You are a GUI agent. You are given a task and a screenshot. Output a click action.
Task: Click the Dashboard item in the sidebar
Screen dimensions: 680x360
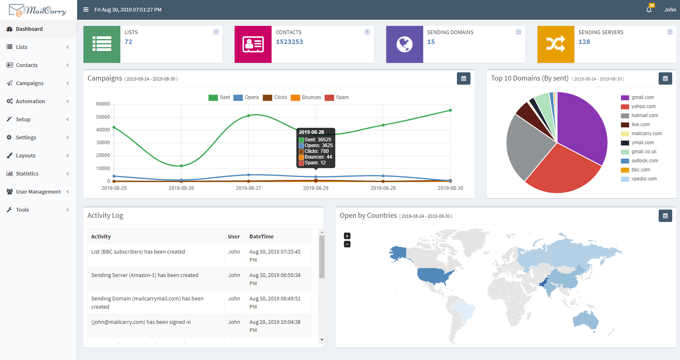click(x=29, y=29)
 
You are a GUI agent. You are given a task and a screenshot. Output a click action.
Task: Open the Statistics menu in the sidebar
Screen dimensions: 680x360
click(x=27, y=173)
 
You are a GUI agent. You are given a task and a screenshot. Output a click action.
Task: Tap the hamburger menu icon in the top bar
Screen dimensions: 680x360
click(x=86, y=10)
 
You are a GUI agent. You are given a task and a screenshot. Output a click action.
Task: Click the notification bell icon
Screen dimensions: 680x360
click(x=649, y=9)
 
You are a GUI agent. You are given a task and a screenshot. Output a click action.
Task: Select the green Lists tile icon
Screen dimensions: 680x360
click(x=102, y=44)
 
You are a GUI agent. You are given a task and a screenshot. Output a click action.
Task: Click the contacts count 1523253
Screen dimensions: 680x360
click(x=289, y=42)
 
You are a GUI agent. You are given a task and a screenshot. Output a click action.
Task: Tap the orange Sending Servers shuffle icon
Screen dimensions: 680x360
click(x=556, y=44)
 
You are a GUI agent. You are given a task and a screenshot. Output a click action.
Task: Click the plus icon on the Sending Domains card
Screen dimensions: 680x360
click(x=519, y=32)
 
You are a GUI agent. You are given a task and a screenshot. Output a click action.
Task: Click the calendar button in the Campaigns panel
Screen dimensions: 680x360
click(x=463, y=78)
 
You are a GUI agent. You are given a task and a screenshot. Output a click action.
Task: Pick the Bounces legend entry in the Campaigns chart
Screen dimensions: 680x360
click(x=306, y=97)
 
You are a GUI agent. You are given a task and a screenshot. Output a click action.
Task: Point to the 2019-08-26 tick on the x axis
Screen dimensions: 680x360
click(x=181, y=188)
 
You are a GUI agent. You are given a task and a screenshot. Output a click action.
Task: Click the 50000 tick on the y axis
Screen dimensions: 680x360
click(x=103, y=117)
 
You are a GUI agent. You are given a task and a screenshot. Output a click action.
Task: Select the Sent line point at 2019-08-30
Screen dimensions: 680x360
click(x=450, y=110)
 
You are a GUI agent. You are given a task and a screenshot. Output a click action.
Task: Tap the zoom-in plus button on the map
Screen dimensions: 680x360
click(x=347, y=236)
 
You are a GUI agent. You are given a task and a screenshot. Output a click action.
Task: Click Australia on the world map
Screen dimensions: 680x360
click(x=585, y=321)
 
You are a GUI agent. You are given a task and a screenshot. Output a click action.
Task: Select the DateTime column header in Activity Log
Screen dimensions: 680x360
click(x=261, y=236)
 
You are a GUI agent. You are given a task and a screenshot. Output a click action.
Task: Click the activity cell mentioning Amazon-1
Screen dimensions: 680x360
click(x=145, y=275)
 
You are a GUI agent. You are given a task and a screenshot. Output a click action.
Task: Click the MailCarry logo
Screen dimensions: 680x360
click(x=38, y=10)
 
